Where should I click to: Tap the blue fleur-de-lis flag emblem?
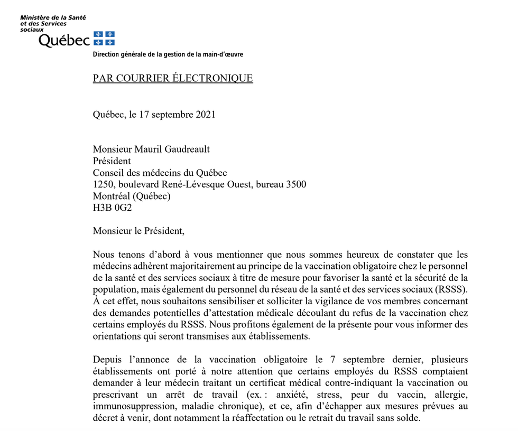pyautogui.click(x=104, y=38)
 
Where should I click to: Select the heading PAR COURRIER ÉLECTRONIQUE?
pyautogui.click(x=173, y=79)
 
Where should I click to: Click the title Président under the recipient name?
pyautogui.click(x=112, y=161)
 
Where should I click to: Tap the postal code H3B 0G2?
pyautogui.click(x=112, y=208)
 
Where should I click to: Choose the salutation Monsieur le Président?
pyautogui.click(x=140, y=231)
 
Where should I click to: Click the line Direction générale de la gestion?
pyautogui.click(x=168, y=54)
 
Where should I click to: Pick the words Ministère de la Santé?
pyautogui.click(x=53, y=18)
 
